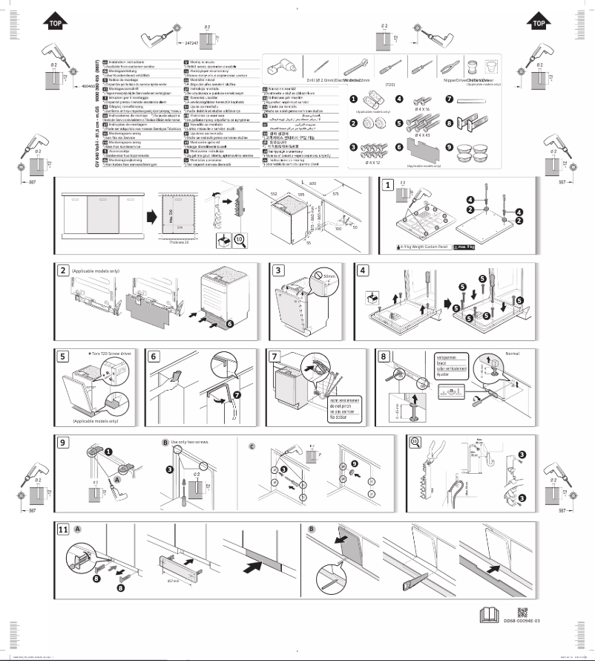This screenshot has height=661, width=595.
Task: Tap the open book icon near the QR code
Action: [491, 616]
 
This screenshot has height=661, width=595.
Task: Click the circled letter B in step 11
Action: [311, 528]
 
